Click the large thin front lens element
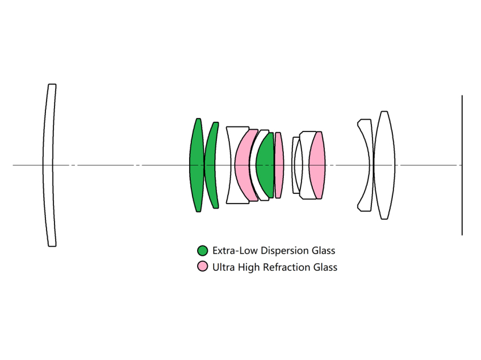(x=49, y=165)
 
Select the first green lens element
(x=196, y=165)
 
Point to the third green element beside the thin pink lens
(x=265, y=165)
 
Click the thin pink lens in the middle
(x=278, y=165)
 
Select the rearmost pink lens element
(x=317, y=165)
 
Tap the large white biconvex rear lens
(x=384, y=165)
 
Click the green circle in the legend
(x=203, y=251)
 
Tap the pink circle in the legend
(x=203, y=267)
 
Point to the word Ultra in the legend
(x=223, y=267)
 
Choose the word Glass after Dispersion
(x=323, y=251)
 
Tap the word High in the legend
(x=248, y=267)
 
